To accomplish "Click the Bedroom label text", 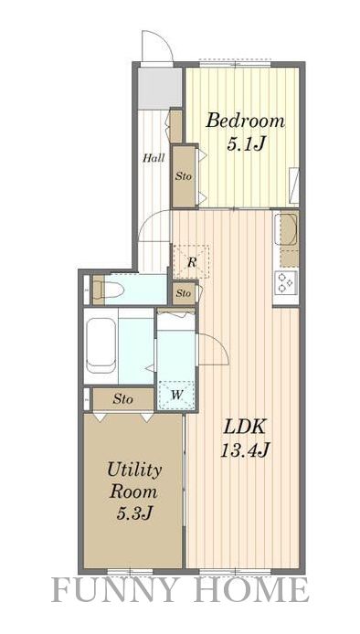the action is click(245, 121).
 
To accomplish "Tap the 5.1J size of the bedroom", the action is click(245, 144).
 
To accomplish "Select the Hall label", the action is click(154, 158).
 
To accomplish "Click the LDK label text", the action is click(245, 427).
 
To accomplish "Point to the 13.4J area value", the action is click(245, 449).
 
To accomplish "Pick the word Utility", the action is click(134, 470).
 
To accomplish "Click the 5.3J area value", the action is click(134, 513).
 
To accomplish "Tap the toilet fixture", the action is click(108, 290).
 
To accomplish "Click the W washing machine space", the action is click(176, 395).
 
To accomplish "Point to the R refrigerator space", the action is click(191, 261).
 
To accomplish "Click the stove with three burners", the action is click(286, 281).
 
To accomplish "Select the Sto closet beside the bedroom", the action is click(184, 176).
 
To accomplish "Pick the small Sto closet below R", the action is click(184, 293).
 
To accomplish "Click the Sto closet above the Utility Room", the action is click(123, 399).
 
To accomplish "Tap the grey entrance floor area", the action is click(159, 88).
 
